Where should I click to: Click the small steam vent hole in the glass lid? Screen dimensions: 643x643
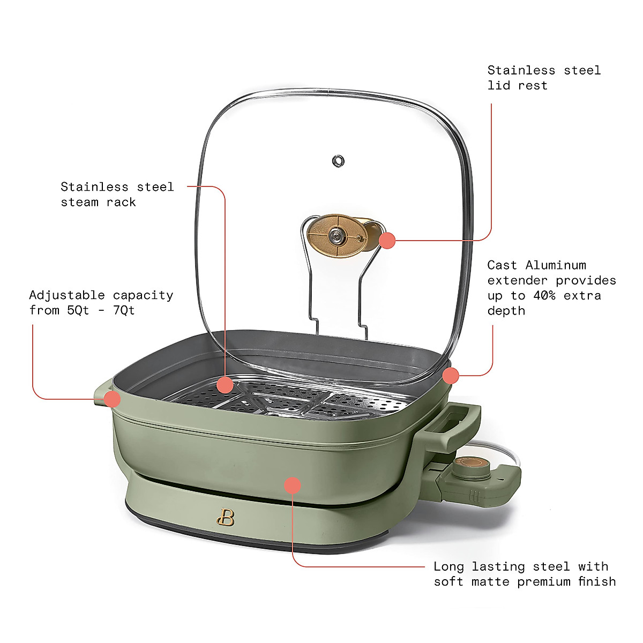click(x=338, y=160)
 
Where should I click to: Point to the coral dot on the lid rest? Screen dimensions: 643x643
click(x=387, y=241)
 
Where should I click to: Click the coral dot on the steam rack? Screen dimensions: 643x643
click(x=225, y=384)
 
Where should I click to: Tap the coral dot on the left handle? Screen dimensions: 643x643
click(x=112, y=399)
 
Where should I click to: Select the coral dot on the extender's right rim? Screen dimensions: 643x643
click(x=451, y=376)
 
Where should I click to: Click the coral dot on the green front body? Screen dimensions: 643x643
click(x=292, y=485)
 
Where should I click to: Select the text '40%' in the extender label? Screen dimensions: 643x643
click(x=544, y=296)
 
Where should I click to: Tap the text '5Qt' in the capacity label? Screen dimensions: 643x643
click(x=78, y=310)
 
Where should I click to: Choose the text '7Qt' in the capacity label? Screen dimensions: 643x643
click(x=124, y=310)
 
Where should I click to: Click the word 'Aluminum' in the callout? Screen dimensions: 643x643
click(x=556, y=265)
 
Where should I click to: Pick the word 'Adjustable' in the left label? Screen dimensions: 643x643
click(x=67, y=295)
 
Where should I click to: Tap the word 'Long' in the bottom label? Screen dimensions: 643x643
click(x=448, y=567)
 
